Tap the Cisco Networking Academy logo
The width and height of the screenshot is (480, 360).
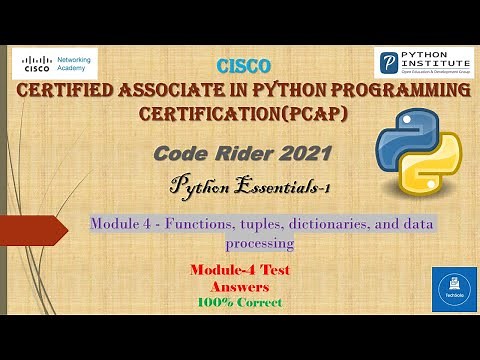tap(55, 63)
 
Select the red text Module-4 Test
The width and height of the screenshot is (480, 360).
tap(239, 270)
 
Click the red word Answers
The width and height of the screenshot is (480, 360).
tap(239, 286)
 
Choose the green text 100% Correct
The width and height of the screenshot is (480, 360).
tap(239, 302)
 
